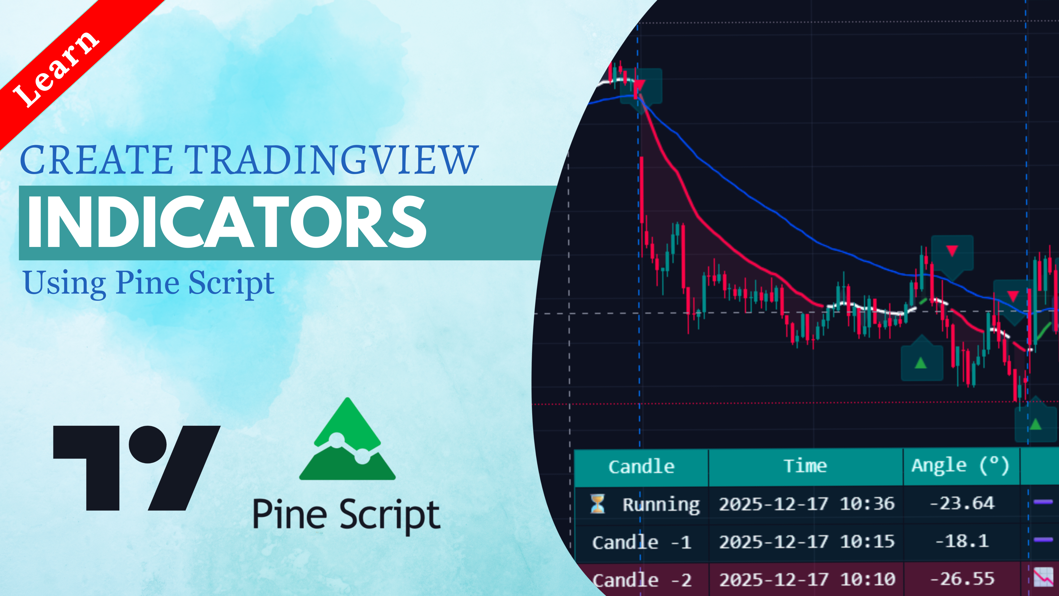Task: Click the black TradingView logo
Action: (137, 468)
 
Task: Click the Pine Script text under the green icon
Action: (347, 515)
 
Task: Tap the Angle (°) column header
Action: (960, 466)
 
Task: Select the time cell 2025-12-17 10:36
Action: (807, 504)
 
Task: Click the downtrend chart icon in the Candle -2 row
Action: (1043, 577)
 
